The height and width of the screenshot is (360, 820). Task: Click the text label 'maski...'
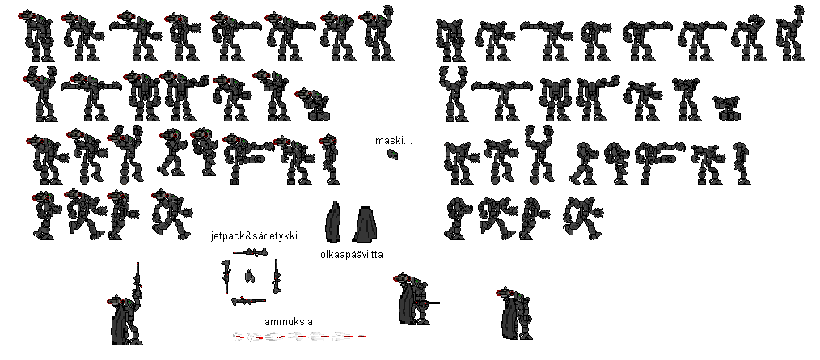point(393,140)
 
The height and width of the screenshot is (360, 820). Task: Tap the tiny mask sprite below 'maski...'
point(393,154)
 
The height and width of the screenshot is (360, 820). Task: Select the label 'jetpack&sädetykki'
point(254,236)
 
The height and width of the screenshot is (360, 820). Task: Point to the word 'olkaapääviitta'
point(352,255)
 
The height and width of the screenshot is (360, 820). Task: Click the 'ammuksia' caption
point(288,322)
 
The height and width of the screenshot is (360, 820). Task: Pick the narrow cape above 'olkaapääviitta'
point(333,222)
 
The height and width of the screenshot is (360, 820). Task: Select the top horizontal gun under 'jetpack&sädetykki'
point(250,252)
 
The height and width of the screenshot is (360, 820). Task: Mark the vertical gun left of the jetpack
point(226,277)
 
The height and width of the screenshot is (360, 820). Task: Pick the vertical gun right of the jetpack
point(276,276)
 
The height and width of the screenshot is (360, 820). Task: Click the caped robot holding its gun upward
point(127,313)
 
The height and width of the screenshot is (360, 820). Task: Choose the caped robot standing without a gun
point(514,307)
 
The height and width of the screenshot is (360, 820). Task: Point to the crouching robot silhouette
point(727,108)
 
